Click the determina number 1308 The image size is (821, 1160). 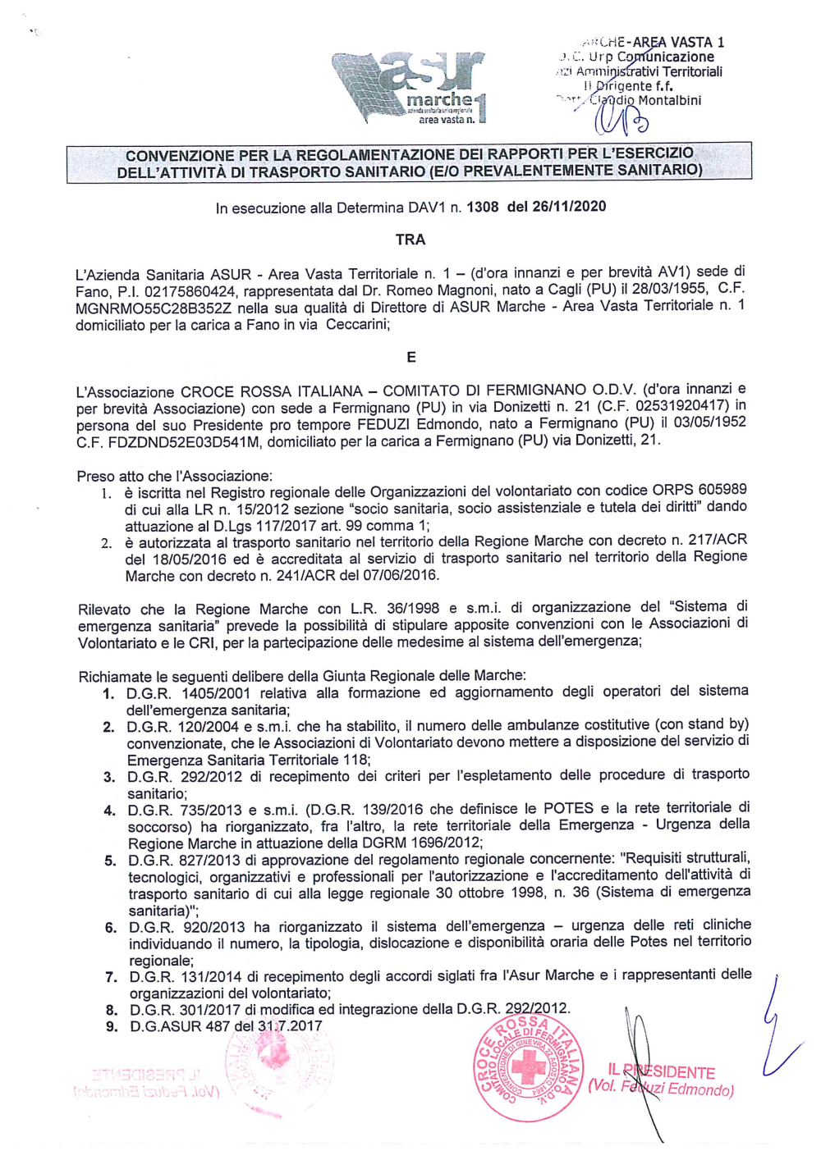[x=482, y=207]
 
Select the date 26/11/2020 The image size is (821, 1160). [x=568, y=206]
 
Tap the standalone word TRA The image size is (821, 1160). [x=410, y=240]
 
